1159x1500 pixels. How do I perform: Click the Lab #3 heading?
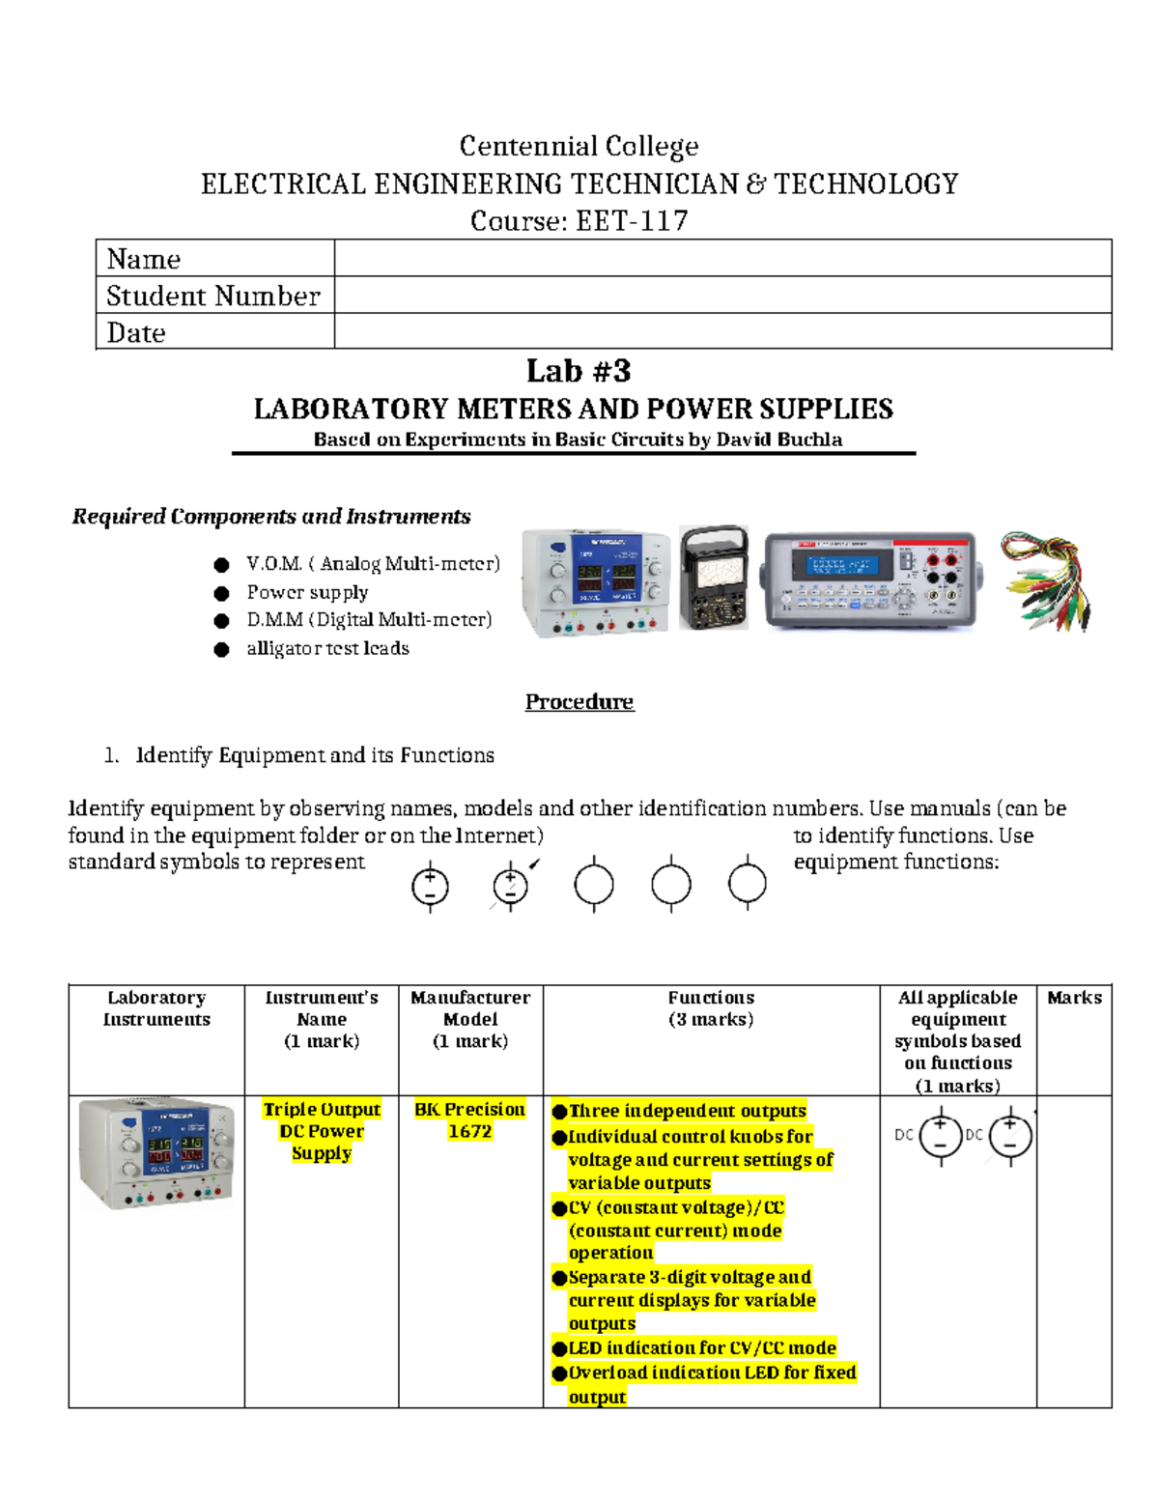[579, 371]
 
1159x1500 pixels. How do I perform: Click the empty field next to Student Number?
[722, 296]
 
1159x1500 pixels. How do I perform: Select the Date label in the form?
[136, 333]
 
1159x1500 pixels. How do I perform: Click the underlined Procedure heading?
[579, 702]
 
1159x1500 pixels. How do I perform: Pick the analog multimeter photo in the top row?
[713, 578]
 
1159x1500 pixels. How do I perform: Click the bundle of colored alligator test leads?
[1045, 580]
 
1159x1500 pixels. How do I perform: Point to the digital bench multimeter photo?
[869, 580]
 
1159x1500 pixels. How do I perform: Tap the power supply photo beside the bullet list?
[595, 582]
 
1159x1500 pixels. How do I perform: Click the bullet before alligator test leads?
[221, 649]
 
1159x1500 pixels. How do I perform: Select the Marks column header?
[1074, 998]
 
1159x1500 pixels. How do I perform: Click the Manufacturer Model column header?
[470, 1008]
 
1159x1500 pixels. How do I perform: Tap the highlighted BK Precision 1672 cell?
[470, 1120]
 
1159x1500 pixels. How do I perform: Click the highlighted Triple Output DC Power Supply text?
[322, 1131]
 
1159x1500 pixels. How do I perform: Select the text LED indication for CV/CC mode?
[701, 1347]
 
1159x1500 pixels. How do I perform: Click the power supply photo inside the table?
[156, 1153]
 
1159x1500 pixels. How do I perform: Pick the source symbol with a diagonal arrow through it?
[511, 885]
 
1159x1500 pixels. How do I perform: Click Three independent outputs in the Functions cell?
[687, 1111]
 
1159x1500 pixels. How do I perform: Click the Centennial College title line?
[579, 146]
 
